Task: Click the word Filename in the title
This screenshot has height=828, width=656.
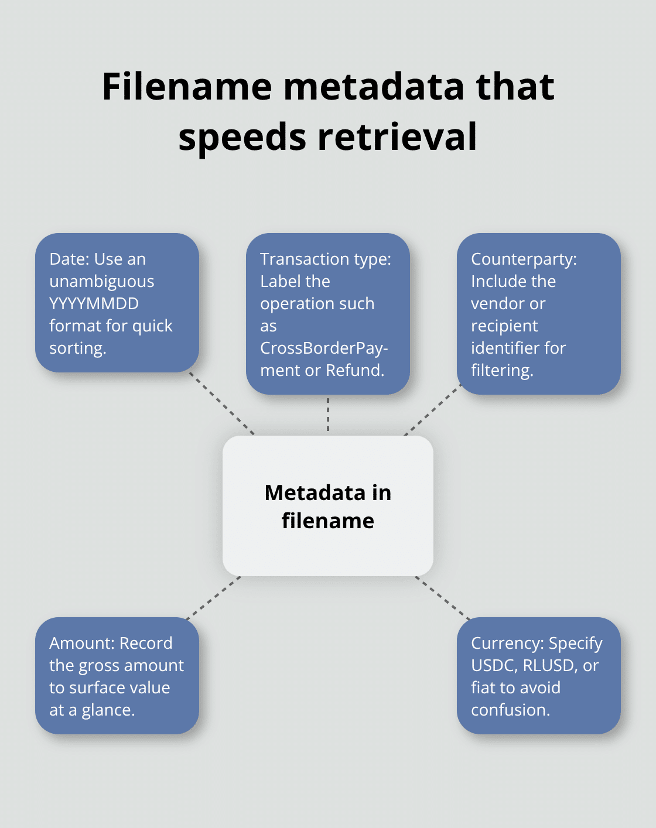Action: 187,87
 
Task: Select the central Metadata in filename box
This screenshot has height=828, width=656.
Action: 328,506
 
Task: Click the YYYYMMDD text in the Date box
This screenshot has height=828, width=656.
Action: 94,304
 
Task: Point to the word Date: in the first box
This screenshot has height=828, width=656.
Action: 69,259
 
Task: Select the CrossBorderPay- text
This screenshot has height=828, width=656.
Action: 323,348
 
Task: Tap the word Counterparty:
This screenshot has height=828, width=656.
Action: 524,259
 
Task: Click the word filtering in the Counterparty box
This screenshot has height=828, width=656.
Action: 501,371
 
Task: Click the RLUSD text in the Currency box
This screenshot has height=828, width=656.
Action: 548,666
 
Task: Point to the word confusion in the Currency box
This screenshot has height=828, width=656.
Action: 509,710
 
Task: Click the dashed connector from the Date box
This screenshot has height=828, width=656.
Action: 223,404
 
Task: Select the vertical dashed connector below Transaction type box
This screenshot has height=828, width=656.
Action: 328,415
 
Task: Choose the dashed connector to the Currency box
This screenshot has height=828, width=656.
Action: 443,598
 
